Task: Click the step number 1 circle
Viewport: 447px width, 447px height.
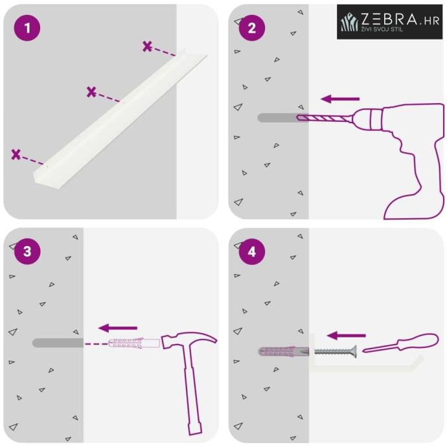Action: (x=27, y=28)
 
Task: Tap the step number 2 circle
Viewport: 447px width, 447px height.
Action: (x=252, y=28)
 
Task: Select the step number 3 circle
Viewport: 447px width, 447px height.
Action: (x=27, y=251)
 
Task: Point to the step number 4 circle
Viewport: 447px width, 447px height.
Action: (x=252, y=251)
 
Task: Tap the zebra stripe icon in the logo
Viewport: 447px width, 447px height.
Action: (x=350, y=21)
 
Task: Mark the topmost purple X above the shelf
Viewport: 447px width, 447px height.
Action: (x=147, y=46)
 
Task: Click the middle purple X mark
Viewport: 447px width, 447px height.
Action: (x=91, y=92)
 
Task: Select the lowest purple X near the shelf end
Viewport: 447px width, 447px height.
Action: (x=16, y=154)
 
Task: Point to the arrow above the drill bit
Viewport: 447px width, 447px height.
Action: (x=340, y=99)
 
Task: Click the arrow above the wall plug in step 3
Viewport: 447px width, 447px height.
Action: (x=118, y=328)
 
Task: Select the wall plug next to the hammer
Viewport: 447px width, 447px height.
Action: (x=134, y=343)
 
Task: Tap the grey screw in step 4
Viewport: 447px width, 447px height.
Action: (x=336, y=351)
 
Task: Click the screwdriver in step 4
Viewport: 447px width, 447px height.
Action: (x=400, y=343)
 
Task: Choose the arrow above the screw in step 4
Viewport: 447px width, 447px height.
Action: (x=347, y=336)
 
